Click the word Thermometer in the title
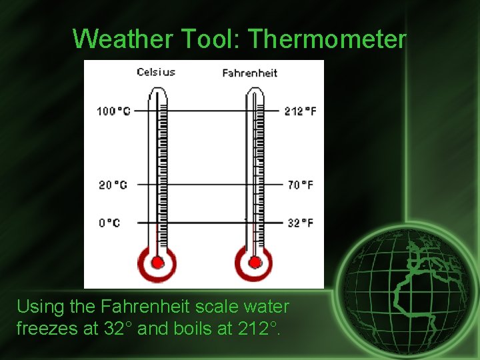(327, 39)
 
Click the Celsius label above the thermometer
(156, 72)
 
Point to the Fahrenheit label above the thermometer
(249, 73)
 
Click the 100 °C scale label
(113, 111)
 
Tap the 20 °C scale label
(113, 185)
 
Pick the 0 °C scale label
(109, 223)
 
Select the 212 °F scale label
(299, 111)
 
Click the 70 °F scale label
(300, 185)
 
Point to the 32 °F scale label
(300, 223)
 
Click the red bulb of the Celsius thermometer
(157, 262)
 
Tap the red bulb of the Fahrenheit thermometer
(254, 262)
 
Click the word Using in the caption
(37, 307)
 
